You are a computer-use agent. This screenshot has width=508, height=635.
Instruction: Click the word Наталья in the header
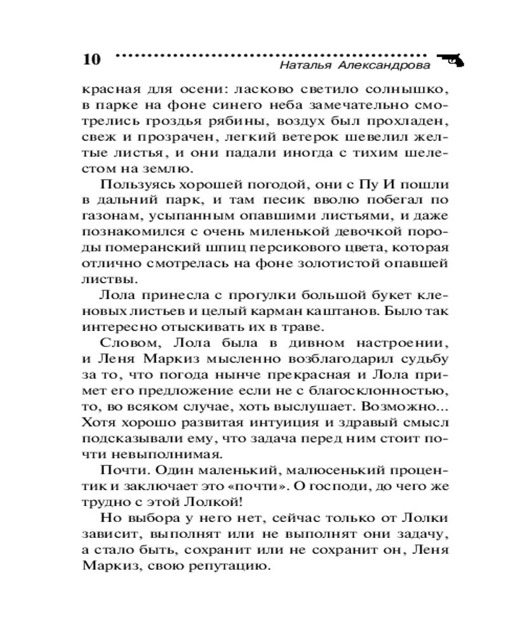coord(304,66)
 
